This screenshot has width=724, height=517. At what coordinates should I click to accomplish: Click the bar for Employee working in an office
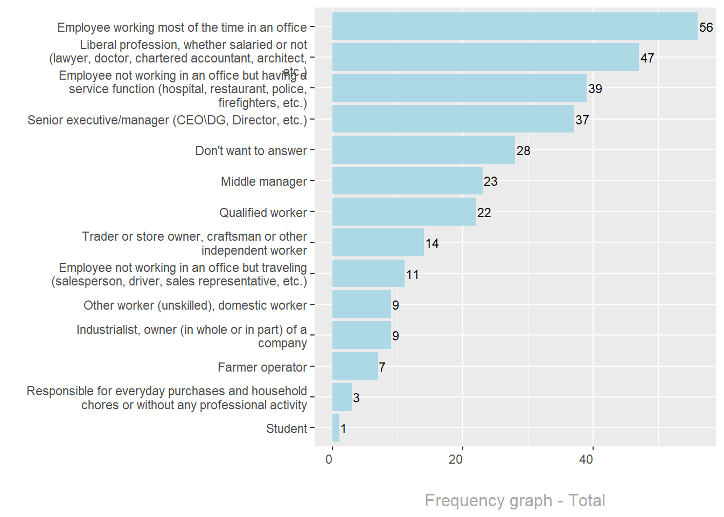514,26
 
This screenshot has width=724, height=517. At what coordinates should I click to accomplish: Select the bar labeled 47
485,57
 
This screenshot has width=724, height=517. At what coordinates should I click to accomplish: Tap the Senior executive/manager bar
452,119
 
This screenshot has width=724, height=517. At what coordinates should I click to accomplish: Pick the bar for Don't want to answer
423,150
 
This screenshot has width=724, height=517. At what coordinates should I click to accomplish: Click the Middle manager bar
407,181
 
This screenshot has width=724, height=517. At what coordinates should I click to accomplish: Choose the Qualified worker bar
404,212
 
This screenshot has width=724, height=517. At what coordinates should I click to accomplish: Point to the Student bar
336,428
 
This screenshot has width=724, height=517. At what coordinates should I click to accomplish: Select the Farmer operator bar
355,366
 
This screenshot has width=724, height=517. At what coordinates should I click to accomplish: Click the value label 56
706,27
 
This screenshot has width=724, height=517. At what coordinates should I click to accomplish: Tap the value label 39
595,89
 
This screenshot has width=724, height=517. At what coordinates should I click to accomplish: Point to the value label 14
431,243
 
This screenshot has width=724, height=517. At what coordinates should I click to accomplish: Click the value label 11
412,275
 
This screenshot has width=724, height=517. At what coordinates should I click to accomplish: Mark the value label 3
356,398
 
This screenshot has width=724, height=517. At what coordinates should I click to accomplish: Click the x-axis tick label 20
456,459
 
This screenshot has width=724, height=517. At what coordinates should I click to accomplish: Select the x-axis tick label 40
586,459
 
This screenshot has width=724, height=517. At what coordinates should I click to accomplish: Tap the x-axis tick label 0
329,459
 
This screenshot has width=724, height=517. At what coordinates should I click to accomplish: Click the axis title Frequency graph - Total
514,500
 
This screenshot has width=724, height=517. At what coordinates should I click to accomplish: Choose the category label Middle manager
263,181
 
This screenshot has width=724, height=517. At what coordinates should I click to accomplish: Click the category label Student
286,429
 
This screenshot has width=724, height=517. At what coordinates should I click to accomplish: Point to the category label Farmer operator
262,367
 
